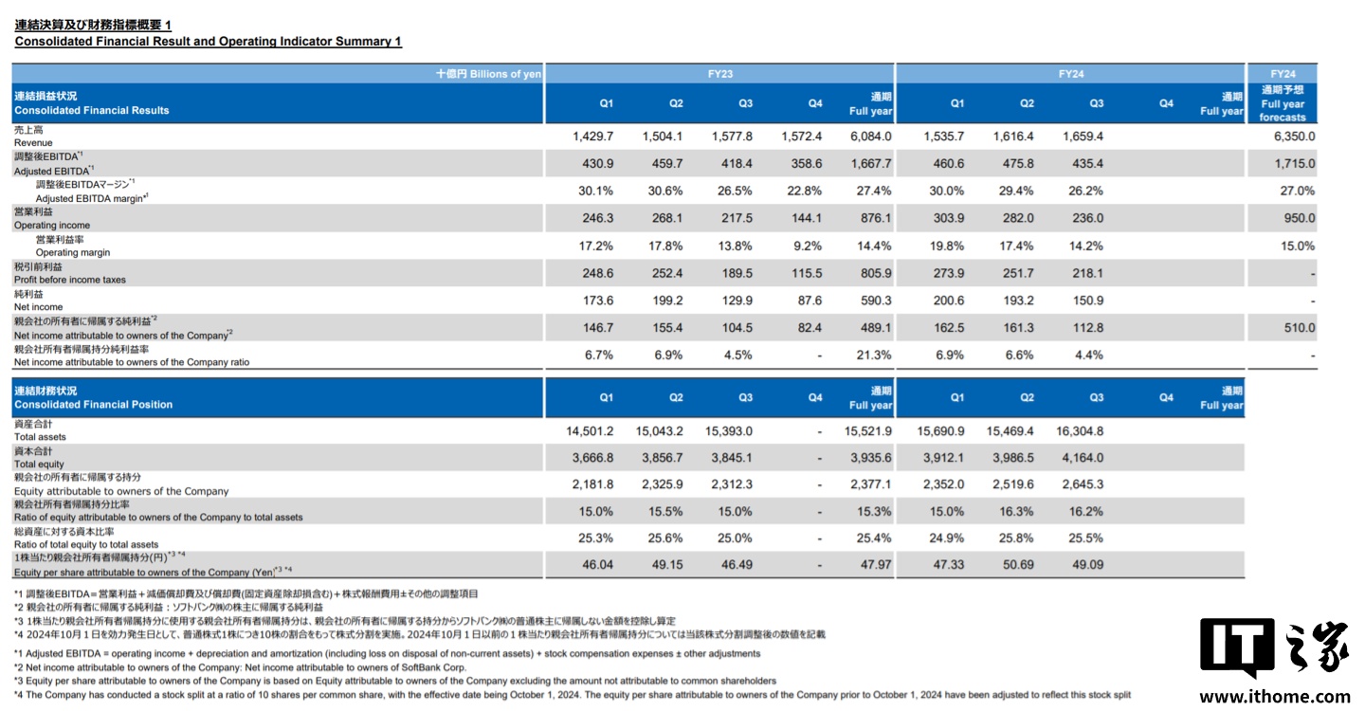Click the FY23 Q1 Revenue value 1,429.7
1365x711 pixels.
point(593,137)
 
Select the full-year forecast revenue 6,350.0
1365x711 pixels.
point(1295,137)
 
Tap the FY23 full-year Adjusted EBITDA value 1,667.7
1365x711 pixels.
point(870,164)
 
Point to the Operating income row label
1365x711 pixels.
point(52,226)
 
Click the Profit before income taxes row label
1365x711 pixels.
point(69,280)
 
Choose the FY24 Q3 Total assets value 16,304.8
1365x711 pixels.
point(1080,431)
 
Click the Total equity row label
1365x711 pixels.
point(39,465)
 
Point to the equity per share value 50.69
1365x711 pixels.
point(1014,565)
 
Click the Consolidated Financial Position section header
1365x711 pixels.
point(93,404)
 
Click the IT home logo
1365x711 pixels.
point(1273,648)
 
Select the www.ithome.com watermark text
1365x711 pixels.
point(1274,697)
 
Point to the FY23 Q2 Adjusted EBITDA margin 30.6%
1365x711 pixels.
point(664,191)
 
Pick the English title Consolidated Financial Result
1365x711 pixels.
point(209,42)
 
